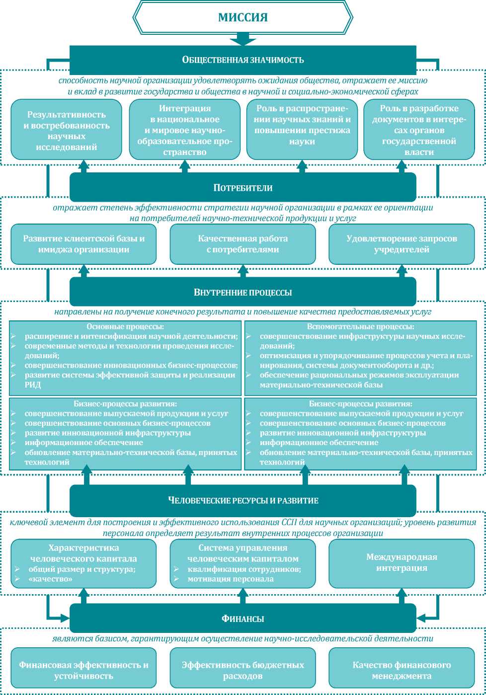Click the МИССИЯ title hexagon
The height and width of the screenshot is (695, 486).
pyautogui.click(x=243, y=17)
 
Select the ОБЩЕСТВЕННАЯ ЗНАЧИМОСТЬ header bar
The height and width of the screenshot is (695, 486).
pyautogui.click(x=243, y=60)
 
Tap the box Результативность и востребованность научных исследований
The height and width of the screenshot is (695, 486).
pyautogui.click(x=67, y=129)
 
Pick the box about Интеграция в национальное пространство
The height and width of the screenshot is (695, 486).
pyautogui.click(x=184, y=129)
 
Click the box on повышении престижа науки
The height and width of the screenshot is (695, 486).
pyautogui.click(x=302, y=129)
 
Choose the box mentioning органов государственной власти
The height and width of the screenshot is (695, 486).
pyautogui.click(x=419, y=129)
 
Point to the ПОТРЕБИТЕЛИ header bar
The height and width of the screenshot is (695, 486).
pyautogui.click(x=243, y=188)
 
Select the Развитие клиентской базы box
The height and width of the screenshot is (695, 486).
pyautogui.click(x=83, y=244)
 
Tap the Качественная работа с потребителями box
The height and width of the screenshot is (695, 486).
pyautogui.click(x=243, y=244)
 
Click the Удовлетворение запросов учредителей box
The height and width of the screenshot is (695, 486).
pyautogui.click(x=402, y=244)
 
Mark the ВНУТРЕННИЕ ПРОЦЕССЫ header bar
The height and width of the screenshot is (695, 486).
pyautogui.click(x=243, y=292)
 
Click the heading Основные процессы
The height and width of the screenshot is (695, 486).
pyautogui.click(x=125, y=327)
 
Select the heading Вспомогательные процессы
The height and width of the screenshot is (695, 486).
pyautogui.click(x=360, y=327)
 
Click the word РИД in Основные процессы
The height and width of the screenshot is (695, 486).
pyautogui.click(x=33, y=385)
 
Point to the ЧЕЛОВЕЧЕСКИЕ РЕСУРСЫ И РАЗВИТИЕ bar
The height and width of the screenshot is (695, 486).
pyautogui.click(x=243, y=500)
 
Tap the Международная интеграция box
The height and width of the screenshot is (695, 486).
pyautogui.click(x=402, y=562)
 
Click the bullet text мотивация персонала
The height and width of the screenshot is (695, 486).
pyautogui.click(x=231, y=579)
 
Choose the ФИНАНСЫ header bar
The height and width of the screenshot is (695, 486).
pyautogui.click(x=243, y=618)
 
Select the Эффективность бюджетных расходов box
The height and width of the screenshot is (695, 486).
pyautogui.click(x=243, y=670)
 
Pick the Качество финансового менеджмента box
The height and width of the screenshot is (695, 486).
pyautogui.click(x=402, y=670)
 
